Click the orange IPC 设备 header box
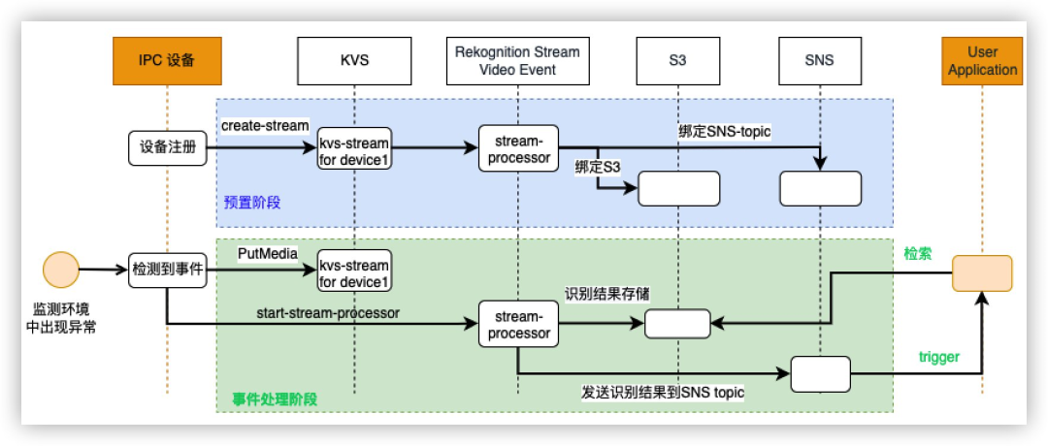coord(168,61)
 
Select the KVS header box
coord(355,61)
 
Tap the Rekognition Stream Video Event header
coord(518,61)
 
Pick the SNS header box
coord(820,61)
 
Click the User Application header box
coord(982,61)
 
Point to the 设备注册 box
coord(168,147)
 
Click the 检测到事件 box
coord(168,270)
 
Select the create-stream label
coord(265,126)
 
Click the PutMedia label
coord(261,252)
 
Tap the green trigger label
coord(938,357)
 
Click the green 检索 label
coord(917,253)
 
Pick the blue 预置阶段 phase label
coord(250,204)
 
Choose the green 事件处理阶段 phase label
coord(275,398)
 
